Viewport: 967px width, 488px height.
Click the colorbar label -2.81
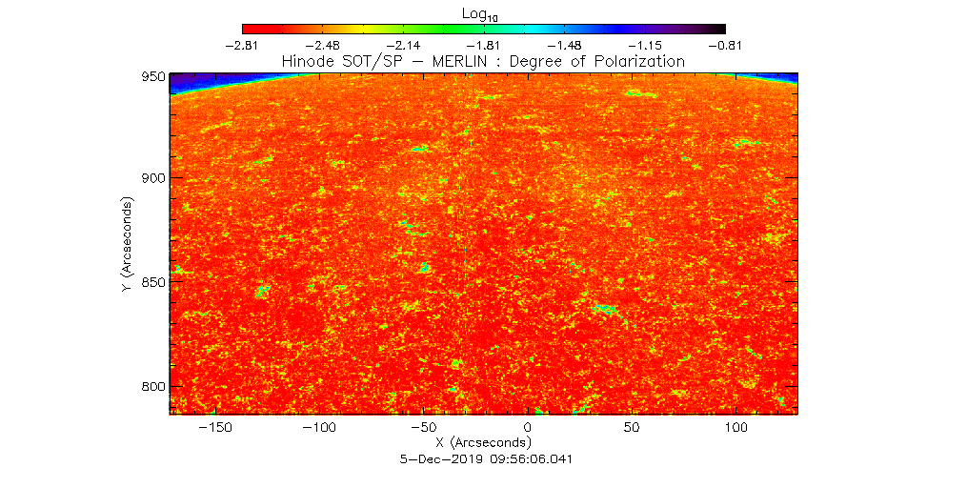(x=243, y=45)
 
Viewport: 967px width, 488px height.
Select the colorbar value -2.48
(x=324, y=45)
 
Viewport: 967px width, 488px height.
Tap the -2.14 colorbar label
(x=404, y=45)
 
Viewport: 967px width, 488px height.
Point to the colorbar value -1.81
(x=484, y=45)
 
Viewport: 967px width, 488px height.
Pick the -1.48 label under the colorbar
(x=565, y=45)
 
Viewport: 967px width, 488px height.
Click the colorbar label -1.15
(x=645, y=45)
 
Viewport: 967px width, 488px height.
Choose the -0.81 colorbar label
(x=725, y=45)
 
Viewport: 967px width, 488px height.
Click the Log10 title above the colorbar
(x=483, y=14)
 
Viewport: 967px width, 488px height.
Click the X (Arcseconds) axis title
(x=483, y=443)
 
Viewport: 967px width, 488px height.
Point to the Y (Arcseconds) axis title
(x=127, y=245)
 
